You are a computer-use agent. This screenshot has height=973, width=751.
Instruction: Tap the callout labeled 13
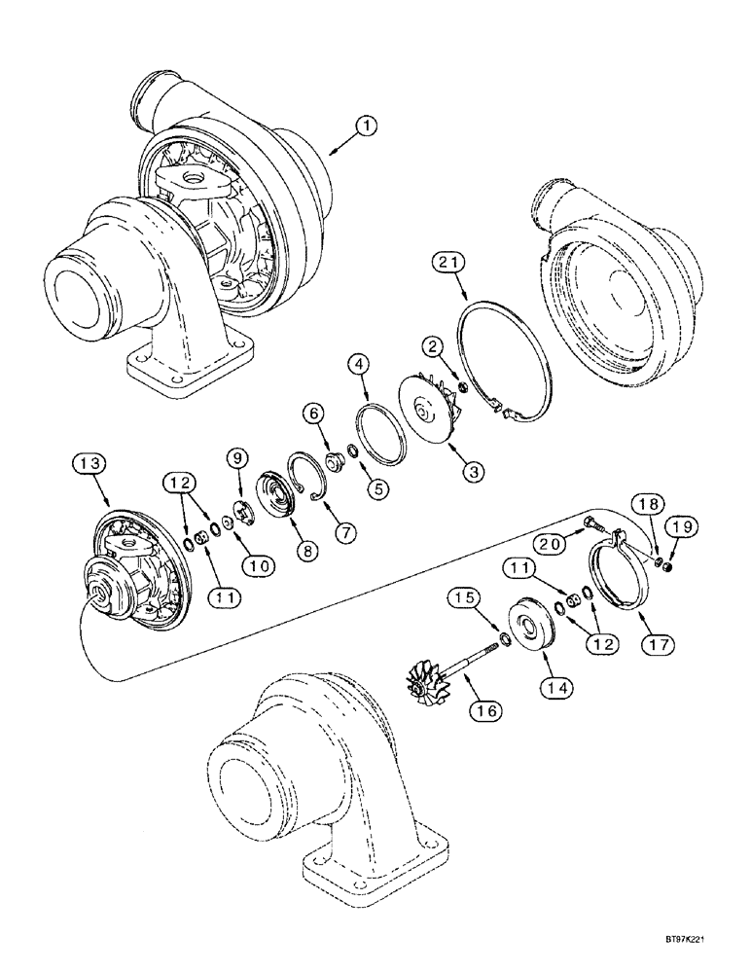click(x=88, y=465)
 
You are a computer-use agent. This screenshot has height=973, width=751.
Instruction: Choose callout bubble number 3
click(x=474, y=472)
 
